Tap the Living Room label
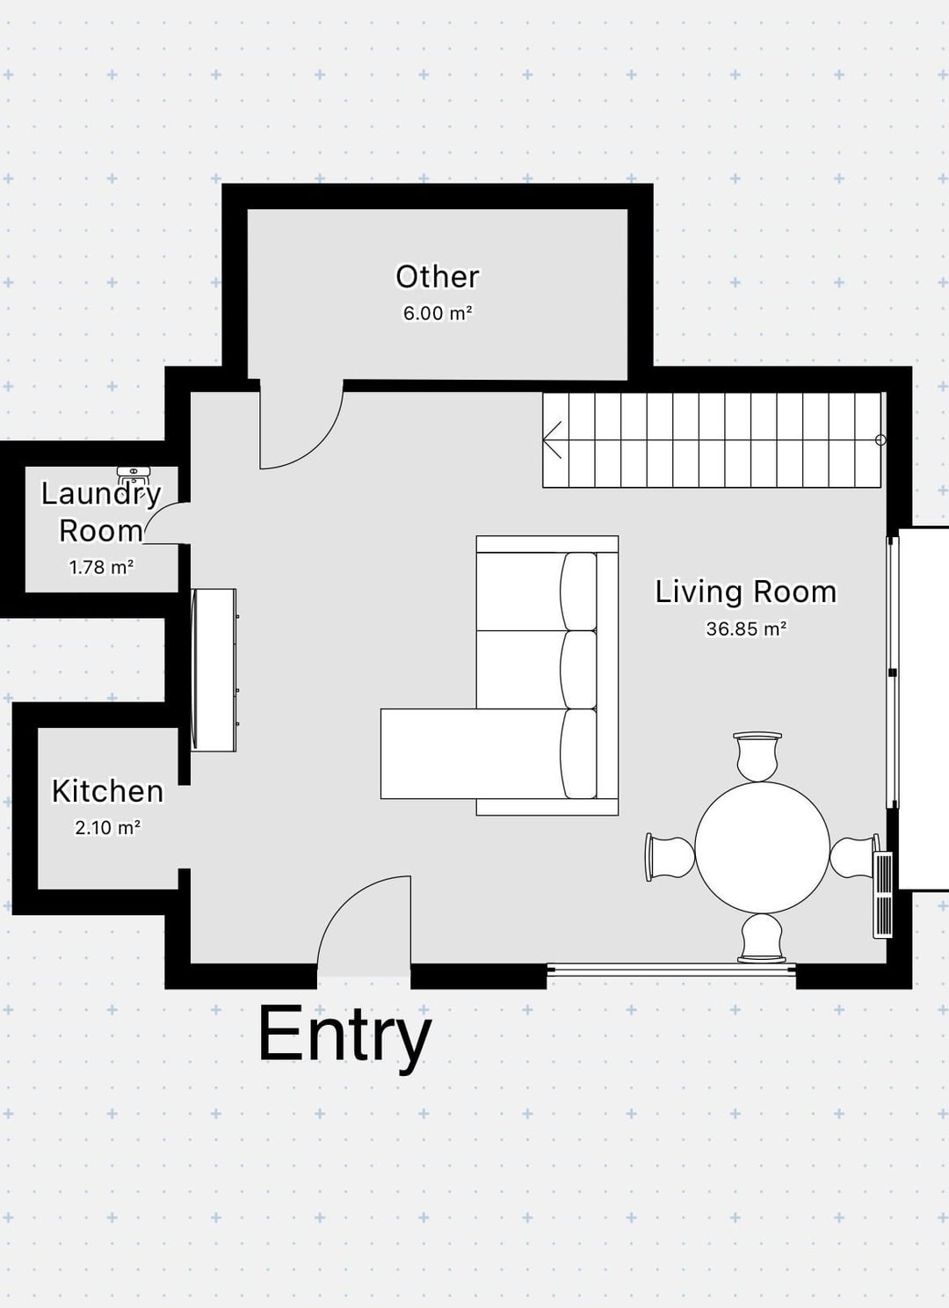click(x=746, y=592)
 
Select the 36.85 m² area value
click(x=746, y=629)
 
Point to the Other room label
click(x=437, y=277)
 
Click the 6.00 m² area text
click(x=437, y=313)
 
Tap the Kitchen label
click(x=107, y=791)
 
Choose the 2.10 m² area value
click(x=107, y=827)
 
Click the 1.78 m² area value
click(x=102, y=567)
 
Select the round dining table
click(x=762, y=848)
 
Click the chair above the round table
click(x=757, y=756)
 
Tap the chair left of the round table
click(x=670, y=857)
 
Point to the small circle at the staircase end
click(x=880, y=440)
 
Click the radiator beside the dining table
click(x=884, y=895)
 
